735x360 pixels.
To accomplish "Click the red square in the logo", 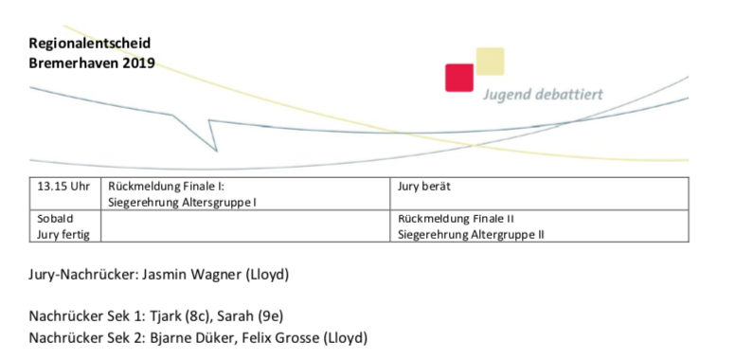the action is point(459,78).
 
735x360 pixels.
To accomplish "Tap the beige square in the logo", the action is point(490,61).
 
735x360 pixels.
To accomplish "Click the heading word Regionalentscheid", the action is point(90,44).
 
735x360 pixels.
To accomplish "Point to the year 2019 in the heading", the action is point(138,63).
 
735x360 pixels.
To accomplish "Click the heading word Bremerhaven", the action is point(74,63).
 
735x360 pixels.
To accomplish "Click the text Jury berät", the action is point(423,187).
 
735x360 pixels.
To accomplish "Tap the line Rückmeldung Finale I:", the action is point(167,187).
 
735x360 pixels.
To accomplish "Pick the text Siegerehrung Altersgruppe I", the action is point(182,203).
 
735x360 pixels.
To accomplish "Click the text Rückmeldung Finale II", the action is point(457,219).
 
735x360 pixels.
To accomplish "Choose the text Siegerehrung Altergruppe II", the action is point(471,234).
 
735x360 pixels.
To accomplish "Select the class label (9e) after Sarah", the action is point(271,316).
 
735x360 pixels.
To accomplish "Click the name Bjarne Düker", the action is point(191,337).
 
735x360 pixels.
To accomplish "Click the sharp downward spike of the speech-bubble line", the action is point(216,151).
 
